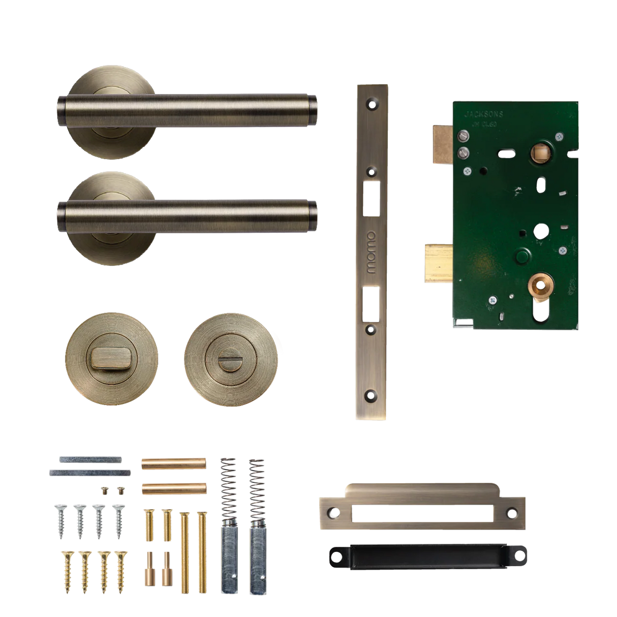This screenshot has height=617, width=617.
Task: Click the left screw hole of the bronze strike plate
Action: pos(333,512)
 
